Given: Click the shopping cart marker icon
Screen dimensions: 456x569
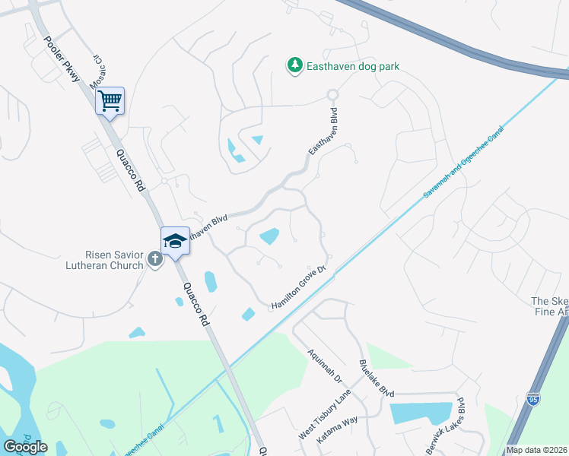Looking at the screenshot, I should [110, 100].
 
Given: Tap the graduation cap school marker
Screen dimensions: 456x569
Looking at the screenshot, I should [175, 241].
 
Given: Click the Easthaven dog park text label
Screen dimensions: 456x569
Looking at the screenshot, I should [353, 67].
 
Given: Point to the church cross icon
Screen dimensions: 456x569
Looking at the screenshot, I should [154, 259].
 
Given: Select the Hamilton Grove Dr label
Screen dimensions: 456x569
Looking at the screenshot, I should [299, 289].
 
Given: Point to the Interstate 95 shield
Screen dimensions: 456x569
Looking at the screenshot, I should [534, 399].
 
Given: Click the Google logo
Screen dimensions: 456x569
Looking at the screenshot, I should [25, 447].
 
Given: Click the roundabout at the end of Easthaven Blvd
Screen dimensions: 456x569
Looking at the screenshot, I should [332, 94].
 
